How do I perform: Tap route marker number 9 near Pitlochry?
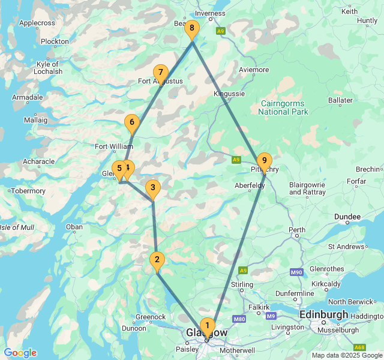pyautogui.click(x=264, y=161)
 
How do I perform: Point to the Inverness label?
pyautogui.click(x=210, y=13)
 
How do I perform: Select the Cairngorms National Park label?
pyautogui.click(x=283, y=107)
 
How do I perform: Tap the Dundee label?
pyautogui.click(x=348, y=217)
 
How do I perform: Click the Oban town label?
pyautogui.click(x=75, y=227)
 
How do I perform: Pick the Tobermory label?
pyautogui.click(x=29, y=191)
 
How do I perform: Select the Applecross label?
pyautogui.click(x=37, y=23)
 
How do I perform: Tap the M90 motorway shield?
pyautogui.click(x=296, y=272)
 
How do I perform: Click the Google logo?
pyautogui.click(x=20, y=353)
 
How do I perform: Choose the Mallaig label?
pyautogui.click(x=35, y=120)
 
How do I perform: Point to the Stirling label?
pyautogui.click(x=242, y=284)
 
